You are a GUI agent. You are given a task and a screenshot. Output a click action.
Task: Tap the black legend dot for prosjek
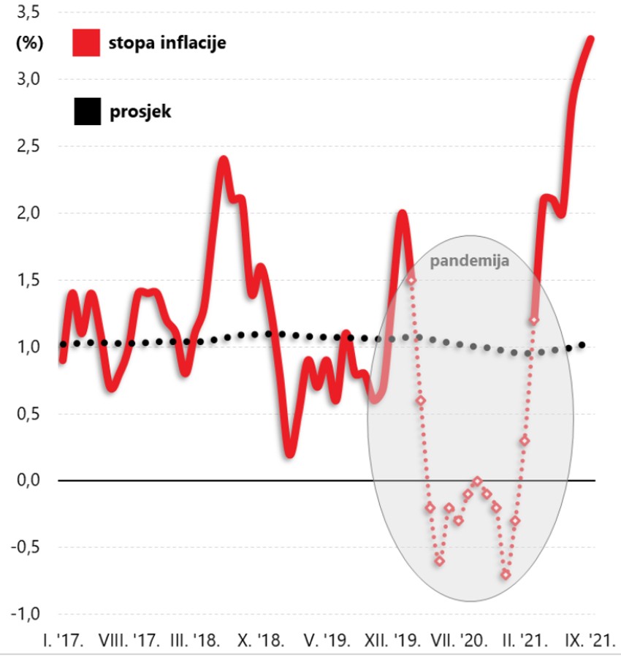coord(85,113)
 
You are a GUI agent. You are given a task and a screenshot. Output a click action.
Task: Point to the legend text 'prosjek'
coord(140,113)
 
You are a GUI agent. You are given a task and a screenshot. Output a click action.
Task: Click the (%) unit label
coord(29,42)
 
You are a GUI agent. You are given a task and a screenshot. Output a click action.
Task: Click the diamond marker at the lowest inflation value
coord(506,575)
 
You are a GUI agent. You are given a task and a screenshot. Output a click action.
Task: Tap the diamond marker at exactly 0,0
coord(477,481)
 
